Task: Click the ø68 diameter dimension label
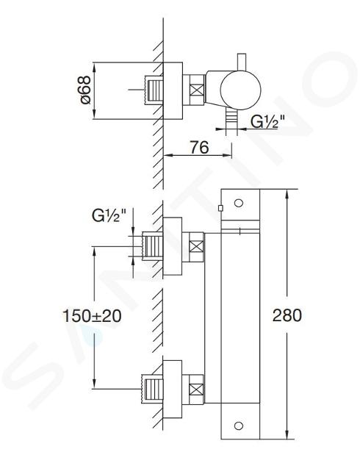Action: [x=85, y=90]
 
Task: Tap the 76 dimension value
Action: [x=199, y=147]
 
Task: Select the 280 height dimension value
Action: [x=287, y=315]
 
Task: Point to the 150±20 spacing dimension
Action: [x=92, y=316]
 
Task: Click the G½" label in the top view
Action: [x=268, y=121]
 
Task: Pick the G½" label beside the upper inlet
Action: [x=109, y=215]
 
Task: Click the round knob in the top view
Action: [x=241, y=90]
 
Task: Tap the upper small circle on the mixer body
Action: [x=239, y=203]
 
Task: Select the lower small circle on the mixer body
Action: [x=239, y=426]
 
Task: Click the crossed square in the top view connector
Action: [x=197, y=90]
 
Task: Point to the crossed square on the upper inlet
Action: [x=196, y=246]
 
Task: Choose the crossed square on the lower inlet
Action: [x=196, y=389]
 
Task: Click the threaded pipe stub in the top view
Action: [x=154, y=90]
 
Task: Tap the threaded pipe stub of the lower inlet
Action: [x=153, y=389]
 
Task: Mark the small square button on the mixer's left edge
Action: [x=220, y=209]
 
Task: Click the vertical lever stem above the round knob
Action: [x=242, y=62]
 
